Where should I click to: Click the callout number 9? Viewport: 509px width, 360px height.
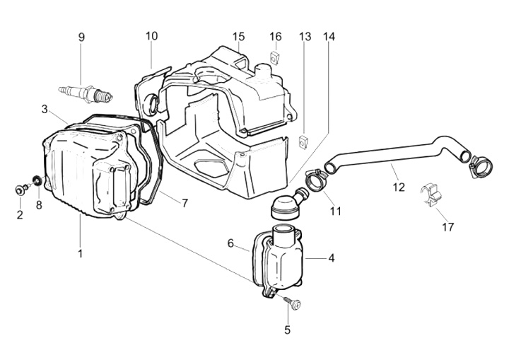81,37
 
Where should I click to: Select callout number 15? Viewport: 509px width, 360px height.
238,36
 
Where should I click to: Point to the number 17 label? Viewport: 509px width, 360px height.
447,227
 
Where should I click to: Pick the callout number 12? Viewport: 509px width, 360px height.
399,187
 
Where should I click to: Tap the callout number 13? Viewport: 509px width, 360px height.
305,36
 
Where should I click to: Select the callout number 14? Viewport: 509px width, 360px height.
329,36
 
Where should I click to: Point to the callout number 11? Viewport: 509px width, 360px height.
335,211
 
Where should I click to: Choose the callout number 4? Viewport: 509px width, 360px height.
331,258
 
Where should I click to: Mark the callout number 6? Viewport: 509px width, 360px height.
230,243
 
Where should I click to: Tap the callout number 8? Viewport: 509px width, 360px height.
39,205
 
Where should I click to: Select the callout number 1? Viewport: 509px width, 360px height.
80,252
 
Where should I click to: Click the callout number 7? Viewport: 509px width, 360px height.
185,203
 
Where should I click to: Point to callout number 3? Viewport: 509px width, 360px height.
45,109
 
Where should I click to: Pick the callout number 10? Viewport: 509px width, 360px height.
152,36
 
